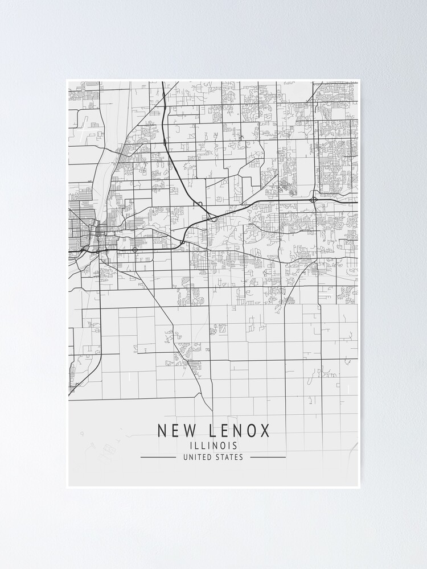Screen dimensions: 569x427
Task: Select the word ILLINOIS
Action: click(x=213, y=446)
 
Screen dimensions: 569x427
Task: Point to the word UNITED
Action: click(x=197, y=457)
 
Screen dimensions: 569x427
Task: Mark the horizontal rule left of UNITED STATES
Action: click(x=158, y=457)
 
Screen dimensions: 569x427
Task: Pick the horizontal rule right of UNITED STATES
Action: click(x=268, y=457)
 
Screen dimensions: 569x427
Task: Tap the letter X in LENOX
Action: click(x=265, y=431)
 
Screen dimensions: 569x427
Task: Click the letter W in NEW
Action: click(x=188, y=431)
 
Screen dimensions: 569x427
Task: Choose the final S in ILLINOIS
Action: click(x=235, y=446)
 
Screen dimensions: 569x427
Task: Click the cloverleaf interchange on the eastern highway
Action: click(x=314, y=200)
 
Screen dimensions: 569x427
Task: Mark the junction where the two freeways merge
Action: click(x=212, y=217)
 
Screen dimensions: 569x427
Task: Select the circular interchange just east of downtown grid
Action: click(x=135, y=249)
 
